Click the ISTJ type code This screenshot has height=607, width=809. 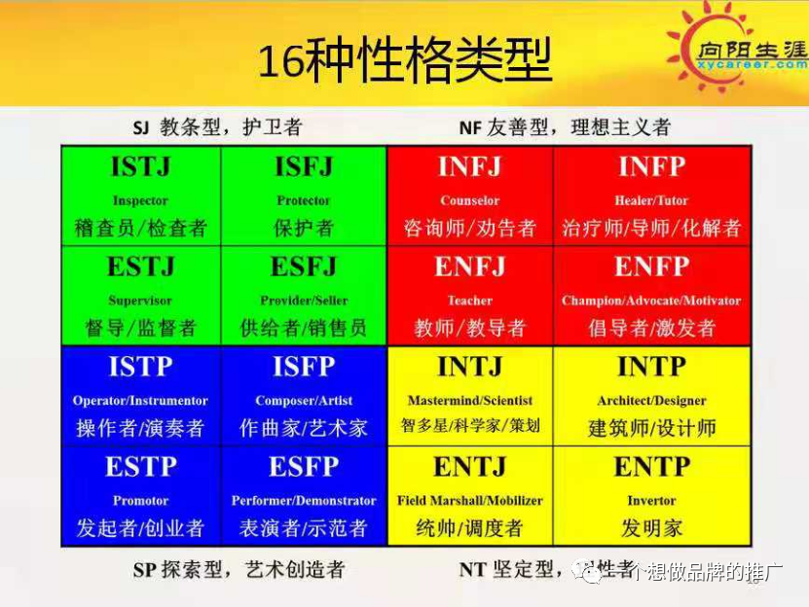point(140,167)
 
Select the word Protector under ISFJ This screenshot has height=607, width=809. point(304,201)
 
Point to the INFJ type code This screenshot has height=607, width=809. point(470,167)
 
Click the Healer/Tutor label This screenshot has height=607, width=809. point(651,201)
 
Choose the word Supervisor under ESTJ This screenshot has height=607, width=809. point(140,301)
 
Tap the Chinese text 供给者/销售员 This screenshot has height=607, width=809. point(304,328)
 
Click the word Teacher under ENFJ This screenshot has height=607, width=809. point(470,301)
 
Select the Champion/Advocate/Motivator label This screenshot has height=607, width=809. point(651,301)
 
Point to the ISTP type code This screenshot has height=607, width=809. point(140,367)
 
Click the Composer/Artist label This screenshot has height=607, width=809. point(304,401)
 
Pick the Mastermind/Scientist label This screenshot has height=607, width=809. point(470,401)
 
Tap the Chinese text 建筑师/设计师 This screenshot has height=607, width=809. point(651,428)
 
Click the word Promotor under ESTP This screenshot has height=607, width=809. point(140,501)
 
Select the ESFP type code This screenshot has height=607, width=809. point(304,467)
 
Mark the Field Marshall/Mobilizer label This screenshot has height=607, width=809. point(470,501)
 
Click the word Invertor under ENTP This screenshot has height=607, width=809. point(651,501)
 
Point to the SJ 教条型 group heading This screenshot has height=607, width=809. point(217,127)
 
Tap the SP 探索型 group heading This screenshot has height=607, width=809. point(239,570)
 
